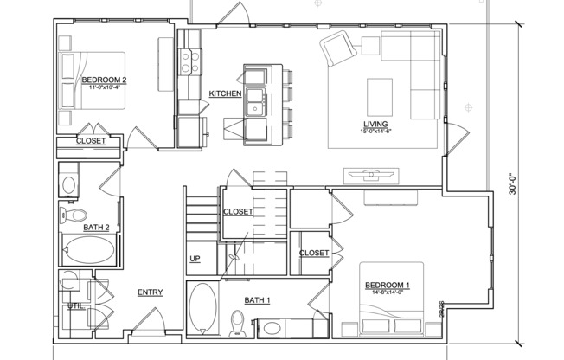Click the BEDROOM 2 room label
point(105,80)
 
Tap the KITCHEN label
point(225,93)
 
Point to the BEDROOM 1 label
point(387,286)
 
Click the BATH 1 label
point(257,300)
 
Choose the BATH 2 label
point(96,228)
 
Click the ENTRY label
point(150,292)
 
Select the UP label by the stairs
point(195,259)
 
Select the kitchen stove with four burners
point(189,61)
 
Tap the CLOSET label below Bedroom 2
point(91,140)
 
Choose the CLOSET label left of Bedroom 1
point(313,253)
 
